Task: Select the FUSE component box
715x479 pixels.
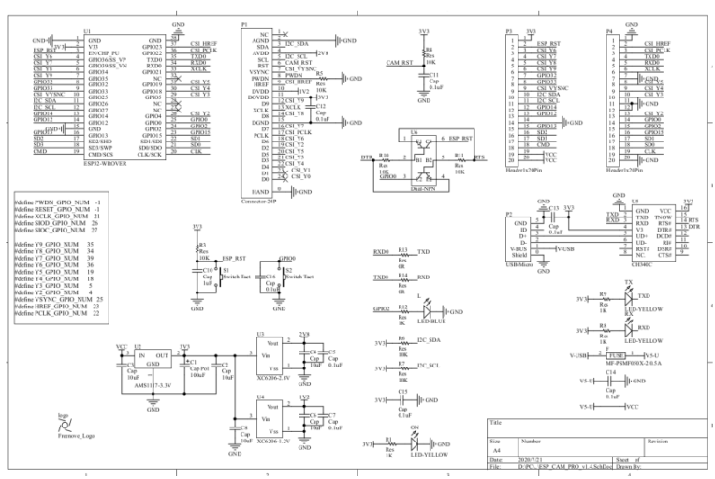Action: point(617,355)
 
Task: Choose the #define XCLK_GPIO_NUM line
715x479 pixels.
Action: point(58,215)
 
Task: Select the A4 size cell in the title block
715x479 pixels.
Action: point(496,451)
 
